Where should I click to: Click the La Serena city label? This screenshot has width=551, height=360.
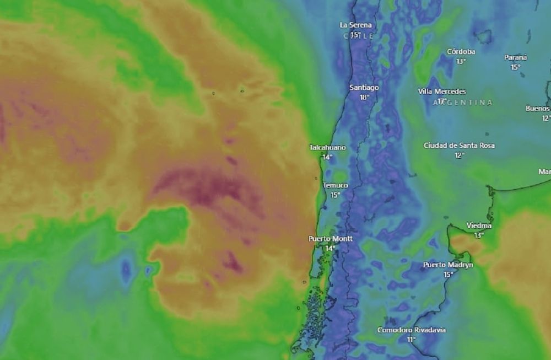pyautogui.click(x=355, y=25)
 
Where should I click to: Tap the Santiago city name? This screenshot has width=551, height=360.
pyautogui.click(x=364, y=88)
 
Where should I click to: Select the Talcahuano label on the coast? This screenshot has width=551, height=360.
pyautogui.click(x=327, y=148)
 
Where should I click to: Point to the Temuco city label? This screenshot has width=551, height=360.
pyautogui.click(x=335, y=186)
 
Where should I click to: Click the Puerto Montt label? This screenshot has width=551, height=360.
pyautogui.click(x=330, y=239)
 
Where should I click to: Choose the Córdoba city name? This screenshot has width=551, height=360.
pyautogui.click(x=461, y=52)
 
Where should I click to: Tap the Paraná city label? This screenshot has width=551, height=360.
pyautogui.click(x=516, y=57)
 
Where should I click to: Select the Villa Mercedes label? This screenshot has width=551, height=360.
pyautogui.click(x=442, y=92)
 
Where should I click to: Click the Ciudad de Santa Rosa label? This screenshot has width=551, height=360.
pyautogui.click(x=459, y=146)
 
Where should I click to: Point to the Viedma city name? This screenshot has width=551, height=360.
pyautogui.click(x=479, y=225)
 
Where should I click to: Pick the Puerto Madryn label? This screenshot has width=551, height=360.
pyautogui.click(x=448, y=265)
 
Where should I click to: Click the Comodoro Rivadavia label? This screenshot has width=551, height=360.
pyautogui.click(x=412, y=330)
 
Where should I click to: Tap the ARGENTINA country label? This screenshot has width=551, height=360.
pyautogui.click(x=463, y=103)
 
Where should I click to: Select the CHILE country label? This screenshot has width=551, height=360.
pyautogui.click(x=358, y=36)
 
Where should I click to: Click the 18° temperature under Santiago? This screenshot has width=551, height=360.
pyautogui.click(x=364, y=97)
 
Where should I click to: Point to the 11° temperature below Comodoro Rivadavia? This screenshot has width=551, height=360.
pyautogui.click(x=411, y=340)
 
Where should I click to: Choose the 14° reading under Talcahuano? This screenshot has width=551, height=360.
pyautogui.click(x=327, y=157)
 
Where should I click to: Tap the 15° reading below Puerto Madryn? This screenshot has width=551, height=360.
pyautogui.click(x=448, y=275)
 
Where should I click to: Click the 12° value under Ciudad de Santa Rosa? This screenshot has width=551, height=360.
pyautogui.click(x=459, y=155)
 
